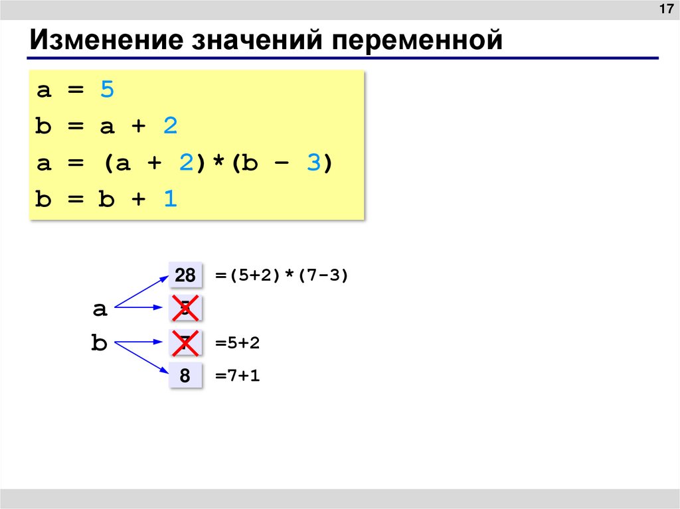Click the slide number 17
click(x=665, y=11)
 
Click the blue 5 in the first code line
click(x=107, y=90)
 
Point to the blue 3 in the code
click(x=313, y=164)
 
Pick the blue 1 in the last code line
click(x=171, y=200)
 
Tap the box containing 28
click(x=185, y=275)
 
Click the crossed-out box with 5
click(x=185, y=308)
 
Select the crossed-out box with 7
click(x=185, y=343)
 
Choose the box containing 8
click(x=185, y=376)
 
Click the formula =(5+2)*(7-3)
click(x=282, y=275)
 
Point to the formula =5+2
click(x=237, y=343)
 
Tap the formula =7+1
click(x=237, y=376)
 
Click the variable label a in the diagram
click(x=100, y=309)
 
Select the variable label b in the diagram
click(x=99, y=344)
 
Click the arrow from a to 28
click(x=141, y=291)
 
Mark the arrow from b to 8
click(x=141, y=358)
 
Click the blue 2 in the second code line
click(x=171, y=127)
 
